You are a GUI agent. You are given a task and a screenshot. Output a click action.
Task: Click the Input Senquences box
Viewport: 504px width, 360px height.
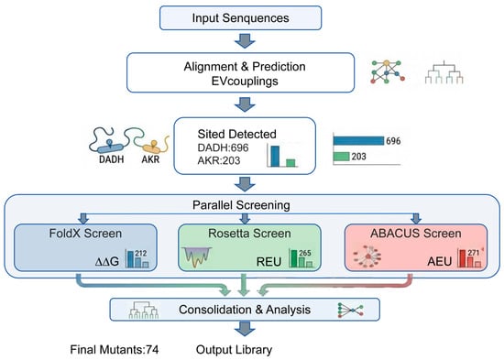point(240,18)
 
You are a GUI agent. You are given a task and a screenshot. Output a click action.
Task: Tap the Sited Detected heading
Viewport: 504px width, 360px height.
point(237,134)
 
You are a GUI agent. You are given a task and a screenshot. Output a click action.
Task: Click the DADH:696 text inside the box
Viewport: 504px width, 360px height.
point(223,147)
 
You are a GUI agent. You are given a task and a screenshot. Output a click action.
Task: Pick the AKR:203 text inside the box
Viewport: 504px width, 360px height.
point(219,160)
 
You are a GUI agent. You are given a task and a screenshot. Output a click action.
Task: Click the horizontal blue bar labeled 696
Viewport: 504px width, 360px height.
point(358,141)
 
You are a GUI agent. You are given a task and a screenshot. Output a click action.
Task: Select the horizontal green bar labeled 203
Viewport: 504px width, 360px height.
point(342,157)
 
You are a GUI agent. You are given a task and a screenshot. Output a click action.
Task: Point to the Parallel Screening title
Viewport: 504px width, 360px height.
point(241,205)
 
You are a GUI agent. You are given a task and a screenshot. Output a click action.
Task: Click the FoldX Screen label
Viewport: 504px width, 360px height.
point(85,234)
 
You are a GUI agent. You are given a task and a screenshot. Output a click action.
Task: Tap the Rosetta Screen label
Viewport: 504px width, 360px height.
point(249,234)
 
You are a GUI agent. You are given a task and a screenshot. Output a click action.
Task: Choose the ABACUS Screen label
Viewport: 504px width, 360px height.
point(416,234)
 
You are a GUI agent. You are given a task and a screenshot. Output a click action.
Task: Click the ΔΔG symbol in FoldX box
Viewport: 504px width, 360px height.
point(107,262)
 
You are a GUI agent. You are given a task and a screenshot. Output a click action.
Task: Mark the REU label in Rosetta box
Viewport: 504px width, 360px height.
point(268,262)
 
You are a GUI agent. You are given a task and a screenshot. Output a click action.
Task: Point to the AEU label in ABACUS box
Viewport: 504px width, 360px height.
point(439,262)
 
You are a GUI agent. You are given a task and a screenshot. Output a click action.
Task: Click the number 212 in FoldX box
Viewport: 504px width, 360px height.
point(141,254)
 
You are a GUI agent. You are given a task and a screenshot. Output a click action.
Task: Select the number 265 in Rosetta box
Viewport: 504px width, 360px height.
point(305,254)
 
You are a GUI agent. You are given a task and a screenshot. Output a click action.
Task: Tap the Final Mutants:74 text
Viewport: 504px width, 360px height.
point(115,349)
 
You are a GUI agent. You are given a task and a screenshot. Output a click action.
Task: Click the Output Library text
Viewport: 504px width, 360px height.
point(234,349)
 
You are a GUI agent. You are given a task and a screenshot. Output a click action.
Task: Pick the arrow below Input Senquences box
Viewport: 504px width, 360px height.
point(245,40)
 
